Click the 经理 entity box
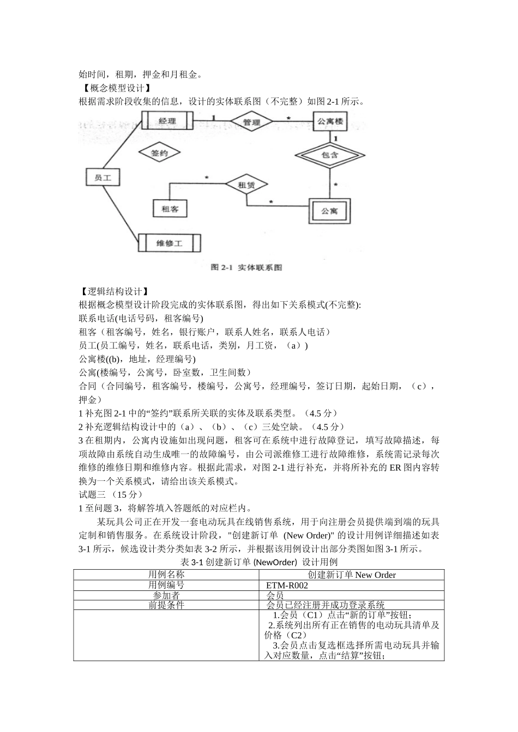pyautogui.click(x=166, y=120)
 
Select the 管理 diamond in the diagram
pyautogui.click(x=251, y=122)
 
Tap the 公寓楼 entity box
pyautogui.click(x=330, y=121)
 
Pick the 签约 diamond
pyautogui.click(x=159, y=153)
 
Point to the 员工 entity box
pyautogui.click(x=103, y=178)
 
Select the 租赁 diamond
pyautogui.click(x=246, y=185)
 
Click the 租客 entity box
pyautogui.click(x=170, y=208)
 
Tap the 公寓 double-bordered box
pyautogui.click(x=329, y=210)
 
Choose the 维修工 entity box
pyautogui.click(x=169, y=243)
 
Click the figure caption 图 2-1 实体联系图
pyautogui.click(x=246, y=267)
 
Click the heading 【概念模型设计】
pyautogui.click(x=114, y=88)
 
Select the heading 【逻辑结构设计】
pyautogui.click(x=114, y=292)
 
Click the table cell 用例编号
pyautogui.click(x=166, y=585)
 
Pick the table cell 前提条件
pyautogui.click(x=166, y=605)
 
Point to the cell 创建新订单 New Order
pyautogui.click(x=352, y=575)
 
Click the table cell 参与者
pyautogui.click(x=166, y=595)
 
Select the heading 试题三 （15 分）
pyautogui.click(x=111, y=495)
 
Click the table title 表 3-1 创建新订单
pyautogui.click(x=259, y=562)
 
